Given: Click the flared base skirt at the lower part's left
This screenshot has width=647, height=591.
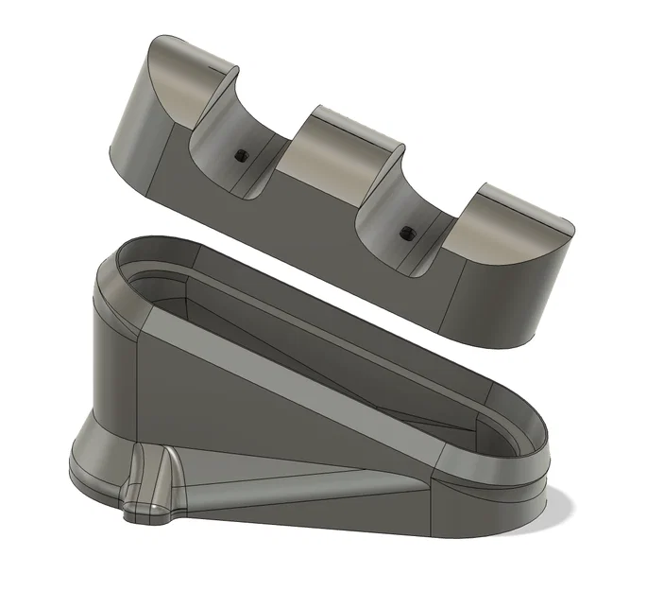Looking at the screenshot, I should (90, 454).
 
